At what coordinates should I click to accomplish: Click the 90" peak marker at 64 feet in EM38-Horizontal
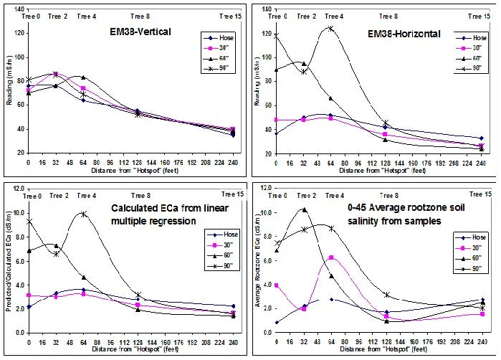click(330, 28)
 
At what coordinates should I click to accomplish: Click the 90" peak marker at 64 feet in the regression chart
click(83, 214)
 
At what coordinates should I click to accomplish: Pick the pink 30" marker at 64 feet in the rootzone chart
click(331, 257)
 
